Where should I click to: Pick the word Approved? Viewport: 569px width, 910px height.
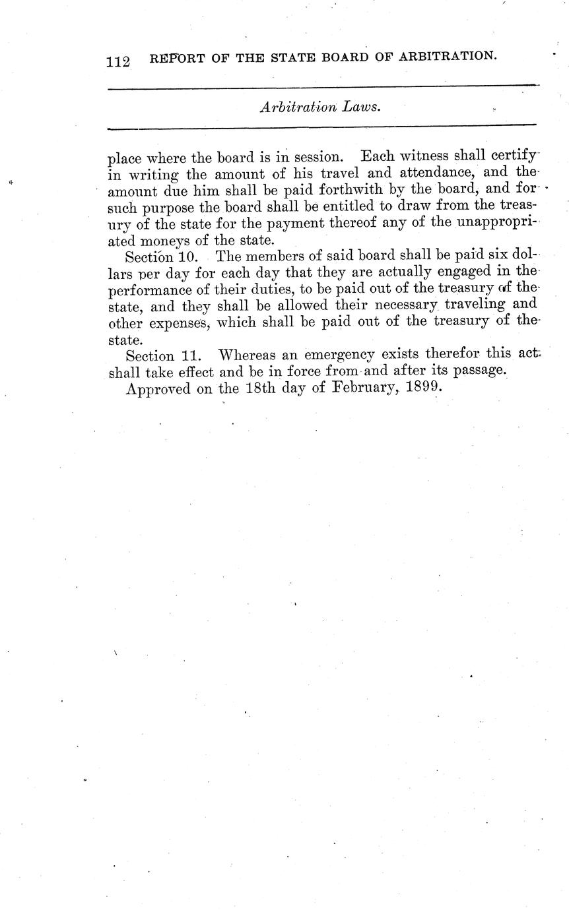(x=158, y=389)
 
